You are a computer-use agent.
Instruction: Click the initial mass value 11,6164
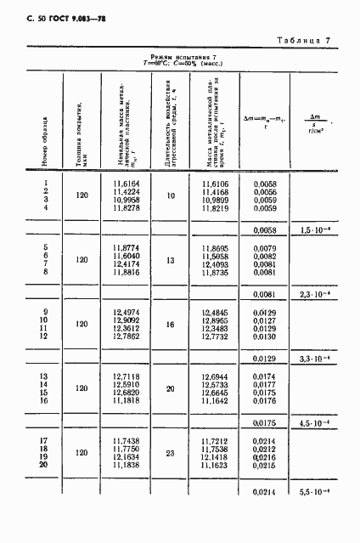pos(126,184)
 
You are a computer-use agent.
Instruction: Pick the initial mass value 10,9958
pos(126,200)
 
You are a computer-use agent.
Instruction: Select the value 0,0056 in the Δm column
pos(266,192)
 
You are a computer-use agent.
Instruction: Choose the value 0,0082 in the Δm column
pos(266,256)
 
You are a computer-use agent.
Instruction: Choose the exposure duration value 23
pos(170,453)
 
